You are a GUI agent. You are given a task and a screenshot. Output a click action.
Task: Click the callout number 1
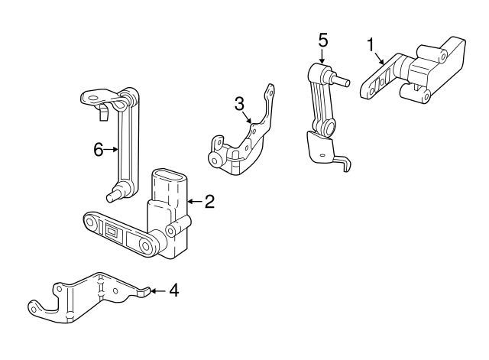tap(371, 45)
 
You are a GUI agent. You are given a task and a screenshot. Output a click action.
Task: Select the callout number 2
tap(209, 202)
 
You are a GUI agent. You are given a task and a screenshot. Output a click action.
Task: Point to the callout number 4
tap(174, 291)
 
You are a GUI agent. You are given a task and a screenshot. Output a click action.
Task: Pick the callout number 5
tap(322, 38)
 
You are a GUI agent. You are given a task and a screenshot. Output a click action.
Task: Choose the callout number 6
tap(98, 150)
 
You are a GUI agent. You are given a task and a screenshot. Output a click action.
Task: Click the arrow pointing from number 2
tap(193, 202)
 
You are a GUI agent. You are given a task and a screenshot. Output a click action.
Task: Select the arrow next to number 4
tap(157, 291)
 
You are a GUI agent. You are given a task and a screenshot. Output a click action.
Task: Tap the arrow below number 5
tap(322, 55)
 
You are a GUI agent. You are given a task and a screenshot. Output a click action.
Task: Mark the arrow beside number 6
tap(112, 150)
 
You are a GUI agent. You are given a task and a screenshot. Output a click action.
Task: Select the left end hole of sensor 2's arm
tap(91, 223)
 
